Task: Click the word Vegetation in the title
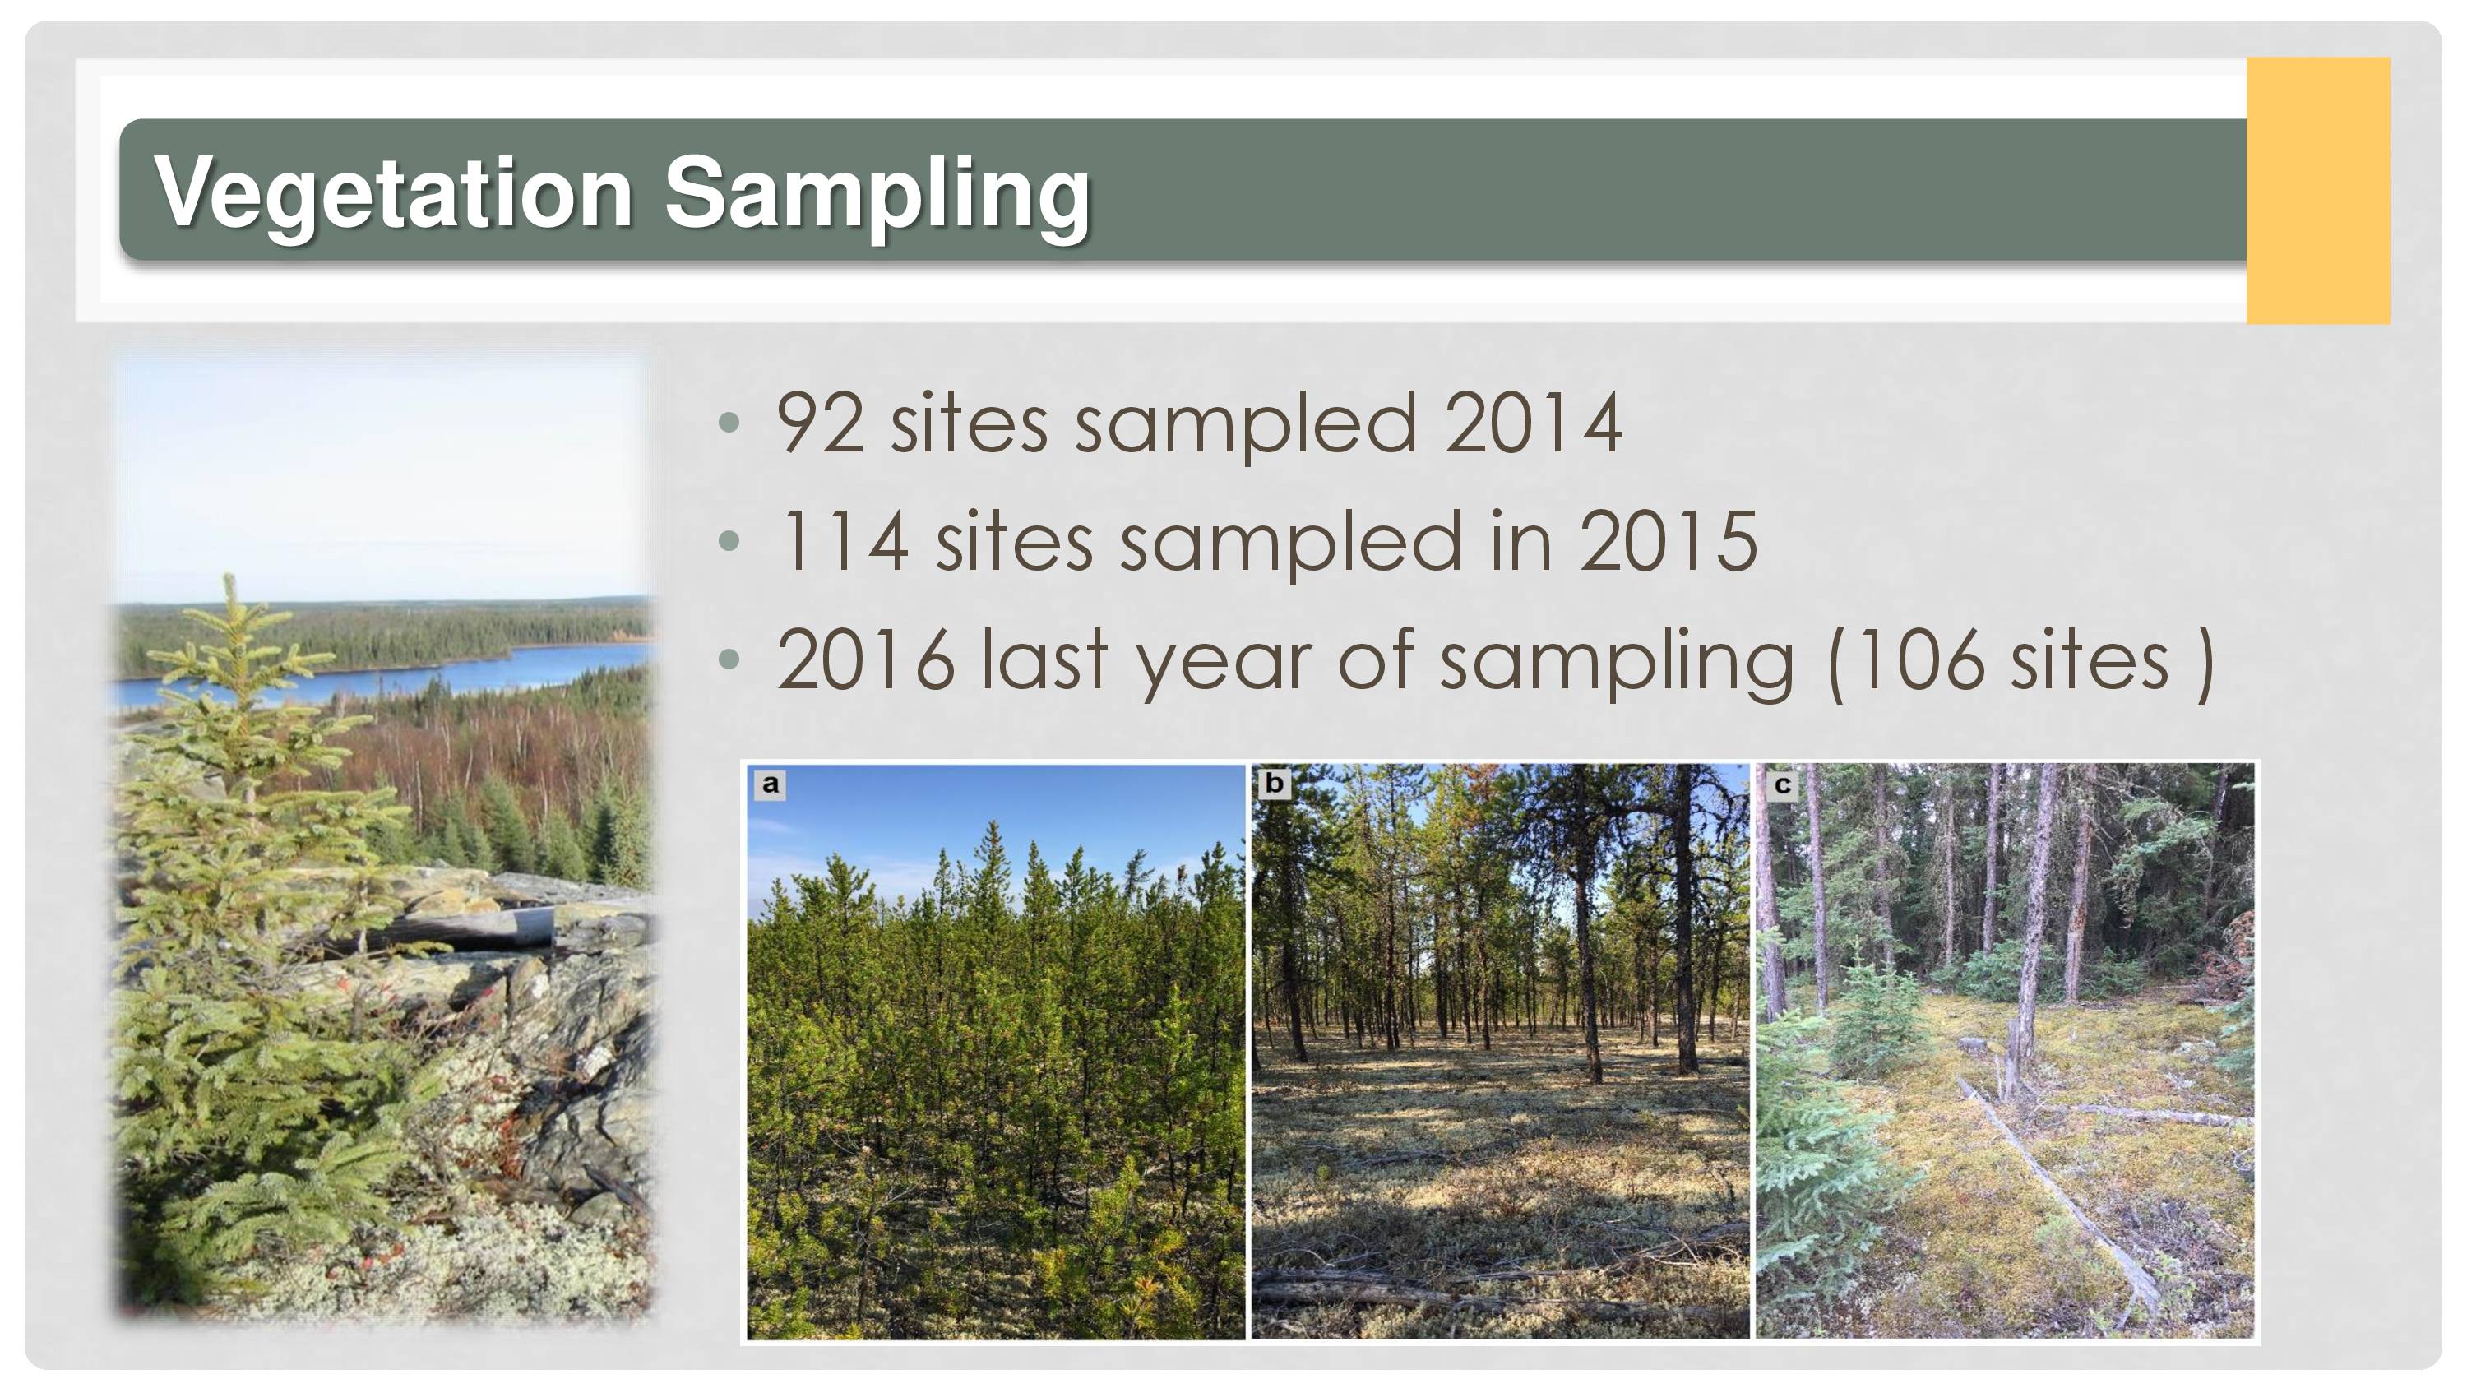[x=392, y=194]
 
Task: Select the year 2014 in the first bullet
[x=1532, y=423]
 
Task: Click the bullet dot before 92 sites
[x=729, y=423]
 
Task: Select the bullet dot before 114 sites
[x=729, y=540]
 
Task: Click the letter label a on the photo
[x=770, y=785]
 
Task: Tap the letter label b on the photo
[x=1274, y=784]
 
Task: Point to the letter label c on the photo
[x=1782, y=785]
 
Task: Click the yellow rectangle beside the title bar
[x=2317, y=191]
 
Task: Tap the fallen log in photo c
[x=2059, y=1197]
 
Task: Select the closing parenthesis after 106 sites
[x=2204, y=663]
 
